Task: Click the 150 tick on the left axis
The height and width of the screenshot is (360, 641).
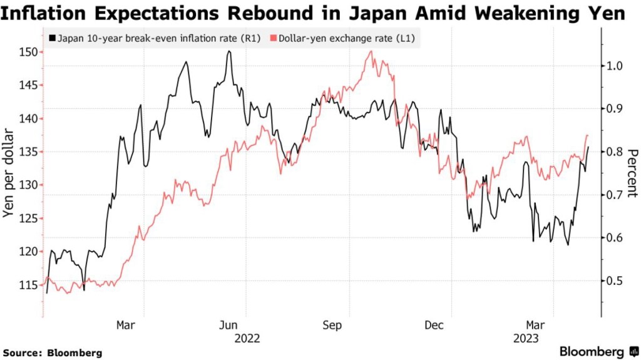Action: (x=28, y=52)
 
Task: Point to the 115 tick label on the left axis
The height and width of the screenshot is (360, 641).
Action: (x=28, y=285)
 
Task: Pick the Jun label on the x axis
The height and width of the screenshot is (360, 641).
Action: (x=229, y=325)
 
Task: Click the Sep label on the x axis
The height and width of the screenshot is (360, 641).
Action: (x=332, y=325)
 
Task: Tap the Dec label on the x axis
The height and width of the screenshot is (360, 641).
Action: (x=434, y=325)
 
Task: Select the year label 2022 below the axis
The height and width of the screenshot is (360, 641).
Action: (x=247, y=338)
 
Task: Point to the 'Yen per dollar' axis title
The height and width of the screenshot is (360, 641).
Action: (x=9, y=173)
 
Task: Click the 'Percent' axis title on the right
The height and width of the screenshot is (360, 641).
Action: (x=632, y=173)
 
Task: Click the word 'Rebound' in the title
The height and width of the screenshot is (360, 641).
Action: (x=238, y=13)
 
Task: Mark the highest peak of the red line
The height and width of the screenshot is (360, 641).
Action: (x=372, y=51)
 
